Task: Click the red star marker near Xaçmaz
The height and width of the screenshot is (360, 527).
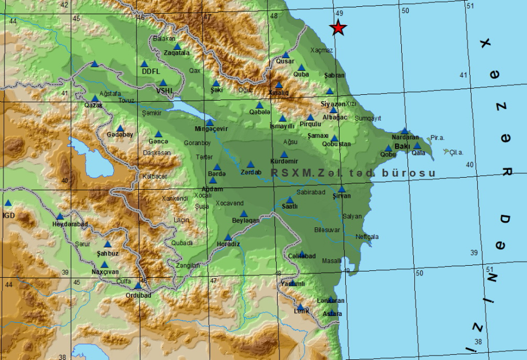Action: pyautogui.click(x=339, y=27)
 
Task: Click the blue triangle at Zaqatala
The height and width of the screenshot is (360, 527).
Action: pyautogui.click(x=177, y=46)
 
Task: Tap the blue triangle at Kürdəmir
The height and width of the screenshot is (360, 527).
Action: pyautogui.click(x=284, y=154)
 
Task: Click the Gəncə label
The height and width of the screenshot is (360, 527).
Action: pyautogui.click(x=158, y=141)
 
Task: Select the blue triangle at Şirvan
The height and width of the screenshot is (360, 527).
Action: pyautogui.click(x=341, y=189)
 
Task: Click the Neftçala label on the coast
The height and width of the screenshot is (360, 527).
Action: pyautogui.click(x=366, y=237)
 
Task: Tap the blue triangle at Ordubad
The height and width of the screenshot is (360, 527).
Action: pyautogui.click(x=138, y=285)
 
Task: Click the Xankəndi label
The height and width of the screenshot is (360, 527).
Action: pyautogui.click(x=174, y=198)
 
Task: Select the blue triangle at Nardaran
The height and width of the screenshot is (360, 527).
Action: pyautogui.click(x=405, y=130)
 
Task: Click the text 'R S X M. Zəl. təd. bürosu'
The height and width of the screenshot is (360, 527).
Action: pyautogui.click(x=353, y=173)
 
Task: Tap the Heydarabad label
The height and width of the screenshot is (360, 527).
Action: pyautogui.click(x=70, y=224)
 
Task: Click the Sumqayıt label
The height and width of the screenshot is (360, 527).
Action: pyautogui.click(x=368, y=118)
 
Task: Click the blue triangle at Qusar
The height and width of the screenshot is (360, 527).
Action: pyautogui.click(x=286, y=55)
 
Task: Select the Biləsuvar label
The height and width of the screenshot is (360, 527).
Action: pyautogui.click(x=327, y=230)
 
